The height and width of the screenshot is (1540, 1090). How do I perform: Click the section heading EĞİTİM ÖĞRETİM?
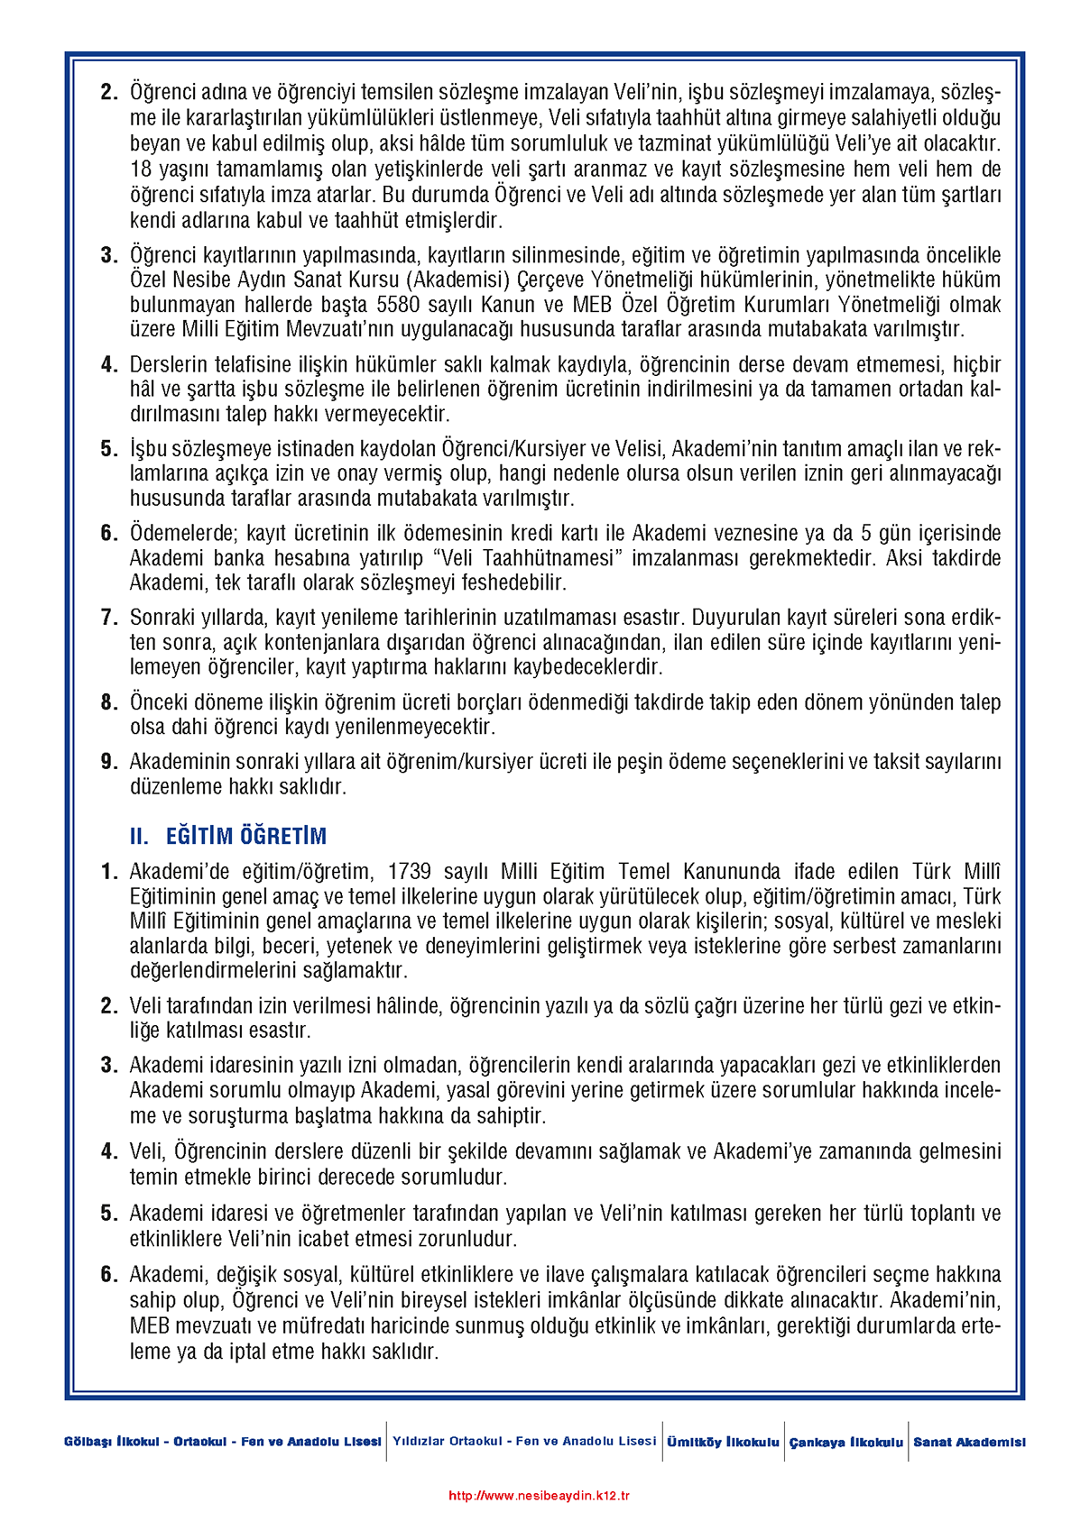(245, 836)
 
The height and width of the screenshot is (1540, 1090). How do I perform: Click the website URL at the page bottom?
(539, 1495)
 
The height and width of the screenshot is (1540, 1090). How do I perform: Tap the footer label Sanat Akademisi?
(969, 1442)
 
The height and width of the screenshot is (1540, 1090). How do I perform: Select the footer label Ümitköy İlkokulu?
(723, 1442)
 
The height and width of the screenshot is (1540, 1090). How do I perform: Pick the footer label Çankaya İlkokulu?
(845, 1442)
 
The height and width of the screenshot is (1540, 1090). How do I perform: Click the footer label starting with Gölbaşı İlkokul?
(222, 1442)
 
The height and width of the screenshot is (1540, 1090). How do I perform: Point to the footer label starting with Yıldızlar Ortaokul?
(524, 1441)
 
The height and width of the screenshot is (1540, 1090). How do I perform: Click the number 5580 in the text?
(398, 305)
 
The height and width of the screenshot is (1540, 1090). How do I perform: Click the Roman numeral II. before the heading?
(138, 836)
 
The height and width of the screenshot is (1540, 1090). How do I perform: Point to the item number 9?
(109, 762)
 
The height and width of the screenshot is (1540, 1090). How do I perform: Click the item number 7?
(109, 618)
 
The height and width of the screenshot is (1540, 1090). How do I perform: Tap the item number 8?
(109, 702)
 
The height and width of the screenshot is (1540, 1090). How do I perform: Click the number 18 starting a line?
(141, 170)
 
